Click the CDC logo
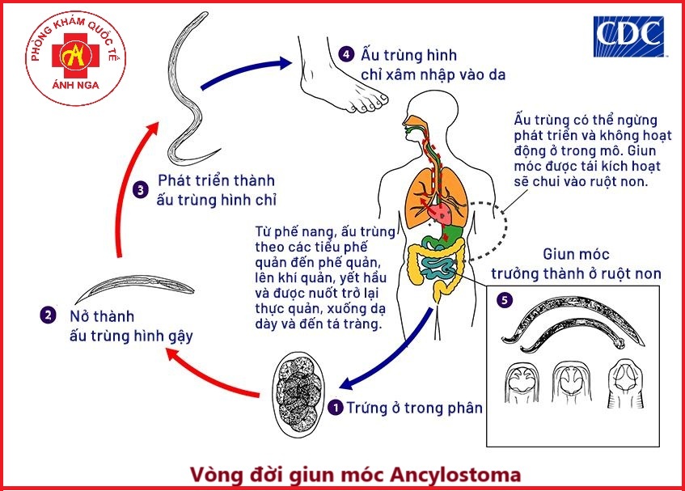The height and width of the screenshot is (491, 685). (x=628, y=37)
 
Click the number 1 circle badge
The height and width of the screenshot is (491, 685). (x=336, y=408)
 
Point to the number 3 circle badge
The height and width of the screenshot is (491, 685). (x=141, y=191)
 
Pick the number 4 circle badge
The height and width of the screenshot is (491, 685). (x=346, y=55)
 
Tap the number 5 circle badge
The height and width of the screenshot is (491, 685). (x=505, y=300)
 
